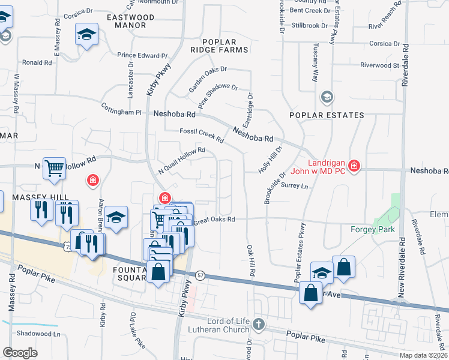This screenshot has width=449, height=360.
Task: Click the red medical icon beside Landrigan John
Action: (x=354, y=166)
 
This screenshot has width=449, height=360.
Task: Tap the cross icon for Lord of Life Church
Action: (x=258, y=325)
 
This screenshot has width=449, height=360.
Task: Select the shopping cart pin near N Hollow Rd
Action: (x=54, y=169)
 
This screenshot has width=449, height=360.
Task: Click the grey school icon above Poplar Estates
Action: (x=327, y=97)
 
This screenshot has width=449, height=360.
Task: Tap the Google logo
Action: (x=20, y=352)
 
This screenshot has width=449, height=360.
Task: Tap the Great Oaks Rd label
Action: (x=213, y=221)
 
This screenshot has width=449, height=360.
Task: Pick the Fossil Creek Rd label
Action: (x=201, y=136)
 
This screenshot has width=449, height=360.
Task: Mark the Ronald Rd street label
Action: (x=37, y=62)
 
